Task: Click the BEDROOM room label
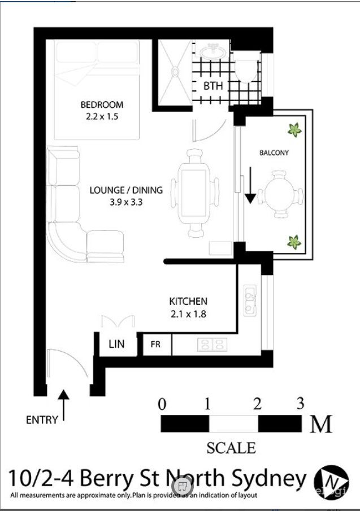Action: (x=102, y=104)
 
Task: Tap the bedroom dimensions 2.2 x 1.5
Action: (x=102, y=116)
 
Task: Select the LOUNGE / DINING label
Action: (x=126, y=190)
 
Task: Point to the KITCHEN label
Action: (x=188, y=301)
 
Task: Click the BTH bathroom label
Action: (x=213, y=86)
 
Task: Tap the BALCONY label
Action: (x=274, y=152)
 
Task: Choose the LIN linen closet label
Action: (x=116, y=344)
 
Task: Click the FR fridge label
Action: (x=155, y=344)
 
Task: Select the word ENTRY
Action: (x=42, y=420)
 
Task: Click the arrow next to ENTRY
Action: (x=64, y=405)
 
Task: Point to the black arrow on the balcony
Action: (x=250, y=185)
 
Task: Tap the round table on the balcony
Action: (x=280, y=194)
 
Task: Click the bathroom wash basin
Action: (x=213, y=52)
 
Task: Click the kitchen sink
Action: (x=250, y=300)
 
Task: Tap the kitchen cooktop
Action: (x=212, y=344)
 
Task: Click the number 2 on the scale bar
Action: (x=257, y=404)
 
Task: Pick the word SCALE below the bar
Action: (x=231, y=448)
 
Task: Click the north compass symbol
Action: (x=331, y=482)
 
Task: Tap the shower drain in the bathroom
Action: (x=175, y=72)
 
